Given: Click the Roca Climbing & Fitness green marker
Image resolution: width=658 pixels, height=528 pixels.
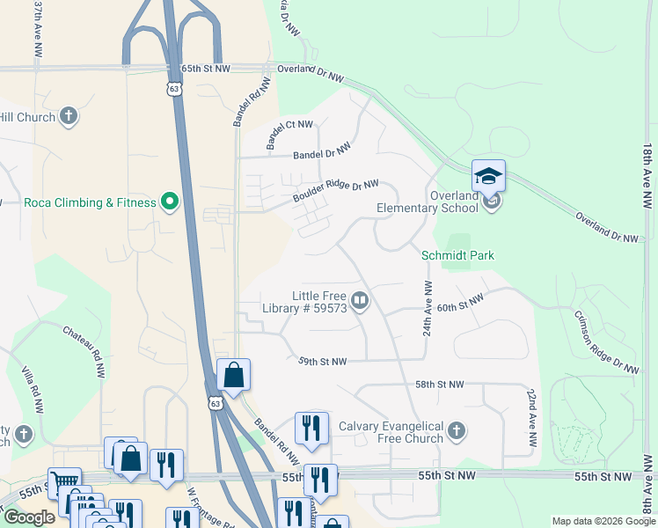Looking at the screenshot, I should [170, 202].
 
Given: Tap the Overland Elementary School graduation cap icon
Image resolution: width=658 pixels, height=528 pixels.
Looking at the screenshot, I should [488, 175].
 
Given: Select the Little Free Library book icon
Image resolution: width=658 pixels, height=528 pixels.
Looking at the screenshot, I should [360, 302].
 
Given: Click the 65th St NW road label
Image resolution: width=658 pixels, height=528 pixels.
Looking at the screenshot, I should [204, 68].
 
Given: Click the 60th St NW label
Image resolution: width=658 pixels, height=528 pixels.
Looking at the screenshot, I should [460, 304].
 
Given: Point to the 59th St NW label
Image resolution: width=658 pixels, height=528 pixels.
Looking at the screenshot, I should [322, 361].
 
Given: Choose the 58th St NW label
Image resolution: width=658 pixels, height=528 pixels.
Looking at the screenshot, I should [439, 385].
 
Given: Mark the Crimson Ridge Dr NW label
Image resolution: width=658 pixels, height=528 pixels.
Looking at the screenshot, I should [606, 342].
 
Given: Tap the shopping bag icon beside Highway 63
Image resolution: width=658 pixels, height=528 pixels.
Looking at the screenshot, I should [233, 375].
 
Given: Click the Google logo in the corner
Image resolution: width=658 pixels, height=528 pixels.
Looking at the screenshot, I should [29, 517].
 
